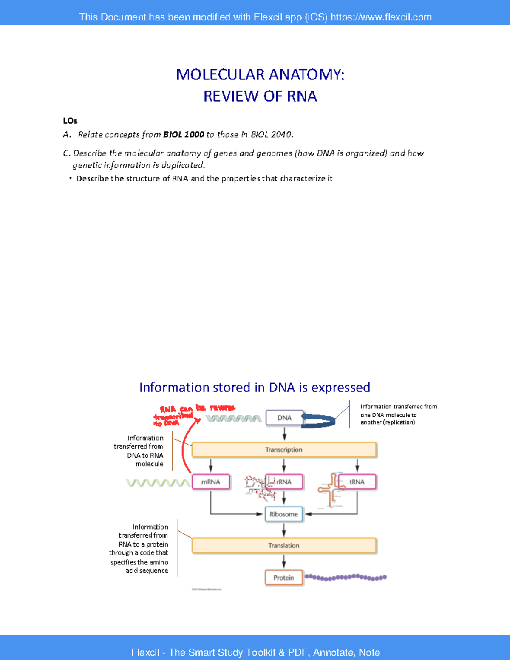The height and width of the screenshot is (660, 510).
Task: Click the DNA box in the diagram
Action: [284, 418]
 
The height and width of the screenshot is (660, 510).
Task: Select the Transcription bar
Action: [284, 450]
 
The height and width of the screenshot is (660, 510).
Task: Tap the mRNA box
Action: [211, 482]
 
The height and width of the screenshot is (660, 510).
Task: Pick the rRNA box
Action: [284, 482]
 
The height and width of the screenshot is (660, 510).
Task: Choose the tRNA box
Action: [357, 482]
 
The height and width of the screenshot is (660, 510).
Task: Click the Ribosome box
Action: [284, 514]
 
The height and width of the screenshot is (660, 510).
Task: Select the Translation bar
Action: [284, 545]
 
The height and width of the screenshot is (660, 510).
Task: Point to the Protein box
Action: [284, 578]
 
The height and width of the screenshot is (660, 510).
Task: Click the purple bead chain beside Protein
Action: [346, 577]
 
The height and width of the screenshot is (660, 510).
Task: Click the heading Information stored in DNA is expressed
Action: [255, 387]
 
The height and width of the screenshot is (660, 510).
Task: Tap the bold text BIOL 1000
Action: [184, 135]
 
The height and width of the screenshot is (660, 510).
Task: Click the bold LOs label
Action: [70, 121]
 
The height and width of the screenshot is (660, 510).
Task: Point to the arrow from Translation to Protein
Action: [284, 562]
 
